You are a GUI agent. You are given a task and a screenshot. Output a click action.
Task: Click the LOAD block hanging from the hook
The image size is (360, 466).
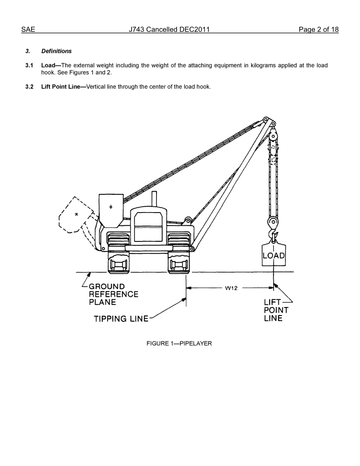pos(273,255)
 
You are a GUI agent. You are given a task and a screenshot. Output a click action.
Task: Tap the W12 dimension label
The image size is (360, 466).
pos(231,288)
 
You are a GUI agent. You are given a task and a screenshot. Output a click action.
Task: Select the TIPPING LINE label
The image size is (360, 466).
pos(121,319)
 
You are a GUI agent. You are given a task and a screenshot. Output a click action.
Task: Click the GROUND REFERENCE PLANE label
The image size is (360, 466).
pos(113,294)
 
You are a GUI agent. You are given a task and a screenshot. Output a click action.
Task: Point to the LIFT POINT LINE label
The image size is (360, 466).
pos(276,310)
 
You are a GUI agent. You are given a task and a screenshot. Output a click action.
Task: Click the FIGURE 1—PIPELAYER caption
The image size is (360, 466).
pos(179,344)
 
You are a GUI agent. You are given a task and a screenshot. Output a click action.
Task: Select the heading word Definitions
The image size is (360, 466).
pos(56,51)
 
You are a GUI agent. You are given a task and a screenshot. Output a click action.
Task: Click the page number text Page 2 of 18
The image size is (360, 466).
pos(318,30)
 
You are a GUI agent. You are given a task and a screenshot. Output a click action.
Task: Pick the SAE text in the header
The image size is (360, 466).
pos(28,30)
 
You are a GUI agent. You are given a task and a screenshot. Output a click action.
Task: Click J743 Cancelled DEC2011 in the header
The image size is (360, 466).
pos(169,30)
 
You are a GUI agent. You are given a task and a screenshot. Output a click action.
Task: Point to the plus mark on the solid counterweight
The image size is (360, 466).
pos(111,207)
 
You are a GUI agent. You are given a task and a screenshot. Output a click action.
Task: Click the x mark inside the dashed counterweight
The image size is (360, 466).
pos(76,214)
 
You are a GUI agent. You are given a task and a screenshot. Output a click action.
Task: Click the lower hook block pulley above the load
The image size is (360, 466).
pos(272,222)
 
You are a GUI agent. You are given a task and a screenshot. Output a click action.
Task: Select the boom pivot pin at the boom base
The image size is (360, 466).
pos(192,249)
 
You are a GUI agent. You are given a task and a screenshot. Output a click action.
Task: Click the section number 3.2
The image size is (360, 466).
pos(29,87)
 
